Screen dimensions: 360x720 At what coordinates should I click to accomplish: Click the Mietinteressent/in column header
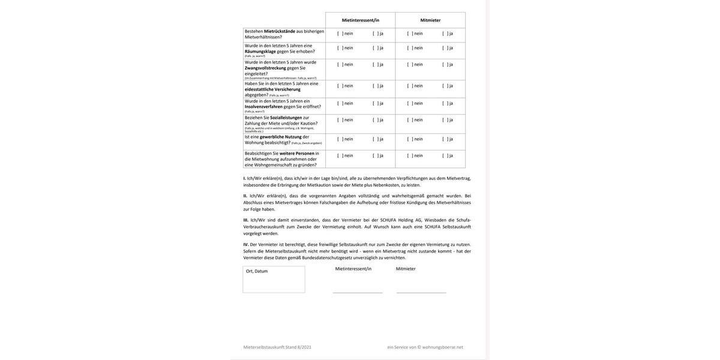click(x=361, y=20)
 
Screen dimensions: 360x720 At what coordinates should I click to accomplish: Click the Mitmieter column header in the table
click(x=430, y=20)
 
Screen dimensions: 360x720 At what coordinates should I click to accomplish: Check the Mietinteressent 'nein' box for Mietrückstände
click(x=340, y=34)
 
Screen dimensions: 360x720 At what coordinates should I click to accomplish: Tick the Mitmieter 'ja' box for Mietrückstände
click(x=445, y=34)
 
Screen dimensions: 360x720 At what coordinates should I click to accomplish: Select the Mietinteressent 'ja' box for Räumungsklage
click(x=375, y=48)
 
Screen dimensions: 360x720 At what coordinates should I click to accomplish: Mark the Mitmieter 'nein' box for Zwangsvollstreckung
click(x=410, y=64)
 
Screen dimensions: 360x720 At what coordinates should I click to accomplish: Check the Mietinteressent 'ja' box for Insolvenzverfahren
click(x=375, y=103)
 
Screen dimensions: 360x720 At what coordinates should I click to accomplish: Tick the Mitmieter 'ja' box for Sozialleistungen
click(x=445, y=120)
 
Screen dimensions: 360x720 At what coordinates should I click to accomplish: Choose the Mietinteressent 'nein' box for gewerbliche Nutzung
click(x=340, y=139)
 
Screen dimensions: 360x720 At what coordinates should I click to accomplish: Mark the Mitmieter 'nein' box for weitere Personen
click(x=410, y=155)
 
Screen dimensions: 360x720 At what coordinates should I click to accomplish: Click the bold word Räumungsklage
click(x=260, y=52)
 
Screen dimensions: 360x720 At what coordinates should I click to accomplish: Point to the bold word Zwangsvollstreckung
click(x=265, y=68)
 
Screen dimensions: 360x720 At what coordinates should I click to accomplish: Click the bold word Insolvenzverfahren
click(x=263, y=107)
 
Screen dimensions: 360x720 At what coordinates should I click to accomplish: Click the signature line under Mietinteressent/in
click(x=358, y=292)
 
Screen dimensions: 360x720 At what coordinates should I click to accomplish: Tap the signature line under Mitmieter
click(x=421, y=292)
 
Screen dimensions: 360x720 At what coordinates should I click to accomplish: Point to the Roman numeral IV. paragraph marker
click(x=246, y=245)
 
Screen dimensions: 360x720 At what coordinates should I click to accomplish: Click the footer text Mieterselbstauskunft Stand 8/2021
click(x=277, y=347)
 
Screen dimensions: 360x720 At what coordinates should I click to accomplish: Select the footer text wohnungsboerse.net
click(x=443, y=347)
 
